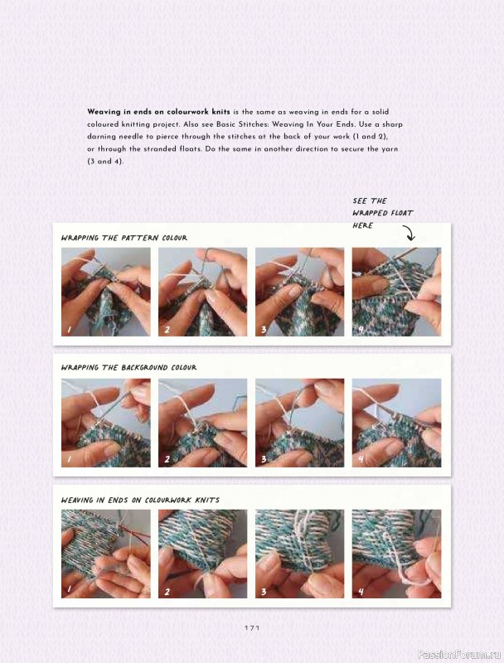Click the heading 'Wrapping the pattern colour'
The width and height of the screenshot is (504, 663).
click(124, 238)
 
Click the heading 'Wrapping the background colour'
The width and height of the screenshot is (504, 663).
click(129, 367)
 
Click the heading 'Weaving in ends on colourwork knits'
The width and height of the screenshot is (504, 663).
click(140, 500)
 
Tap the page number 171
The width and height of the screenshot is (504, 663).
click(252, 628)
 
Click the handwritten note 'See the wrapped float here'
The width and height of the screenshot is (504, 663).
click(382, 213)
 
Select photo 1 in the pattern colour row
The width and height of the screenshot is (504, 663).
click(105, 293)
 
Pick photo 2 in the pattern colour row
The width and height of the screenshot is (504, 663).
click(202, 293)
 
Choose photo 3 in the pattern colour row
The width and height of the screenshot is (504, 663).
click(299, 293)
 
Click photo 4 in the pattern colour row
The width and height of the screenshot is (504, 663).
click(396, 293)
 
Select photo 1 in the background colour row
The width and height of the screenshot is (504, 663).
click(105, 423)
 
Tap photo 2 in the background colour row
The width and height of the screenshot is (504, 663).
click(202, 423)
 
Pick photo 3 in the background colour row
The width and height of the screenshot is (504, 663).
click(299, 423)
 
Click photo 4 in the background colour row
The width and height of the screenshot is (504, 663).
click(396, 423)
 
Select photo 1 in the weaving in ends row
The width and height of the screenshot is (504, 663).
click(105, 554)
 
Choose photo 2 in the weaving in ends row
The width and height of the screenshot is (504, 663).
click(202, 554)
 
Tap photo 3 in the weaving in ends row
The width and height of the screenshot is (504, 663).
click(299, 554)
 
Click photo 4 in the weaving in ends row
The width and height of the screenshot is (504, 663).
click(396, 554)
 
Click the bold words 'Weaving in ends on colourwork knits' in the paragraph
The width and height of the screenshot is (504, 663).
click(158, 111)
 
